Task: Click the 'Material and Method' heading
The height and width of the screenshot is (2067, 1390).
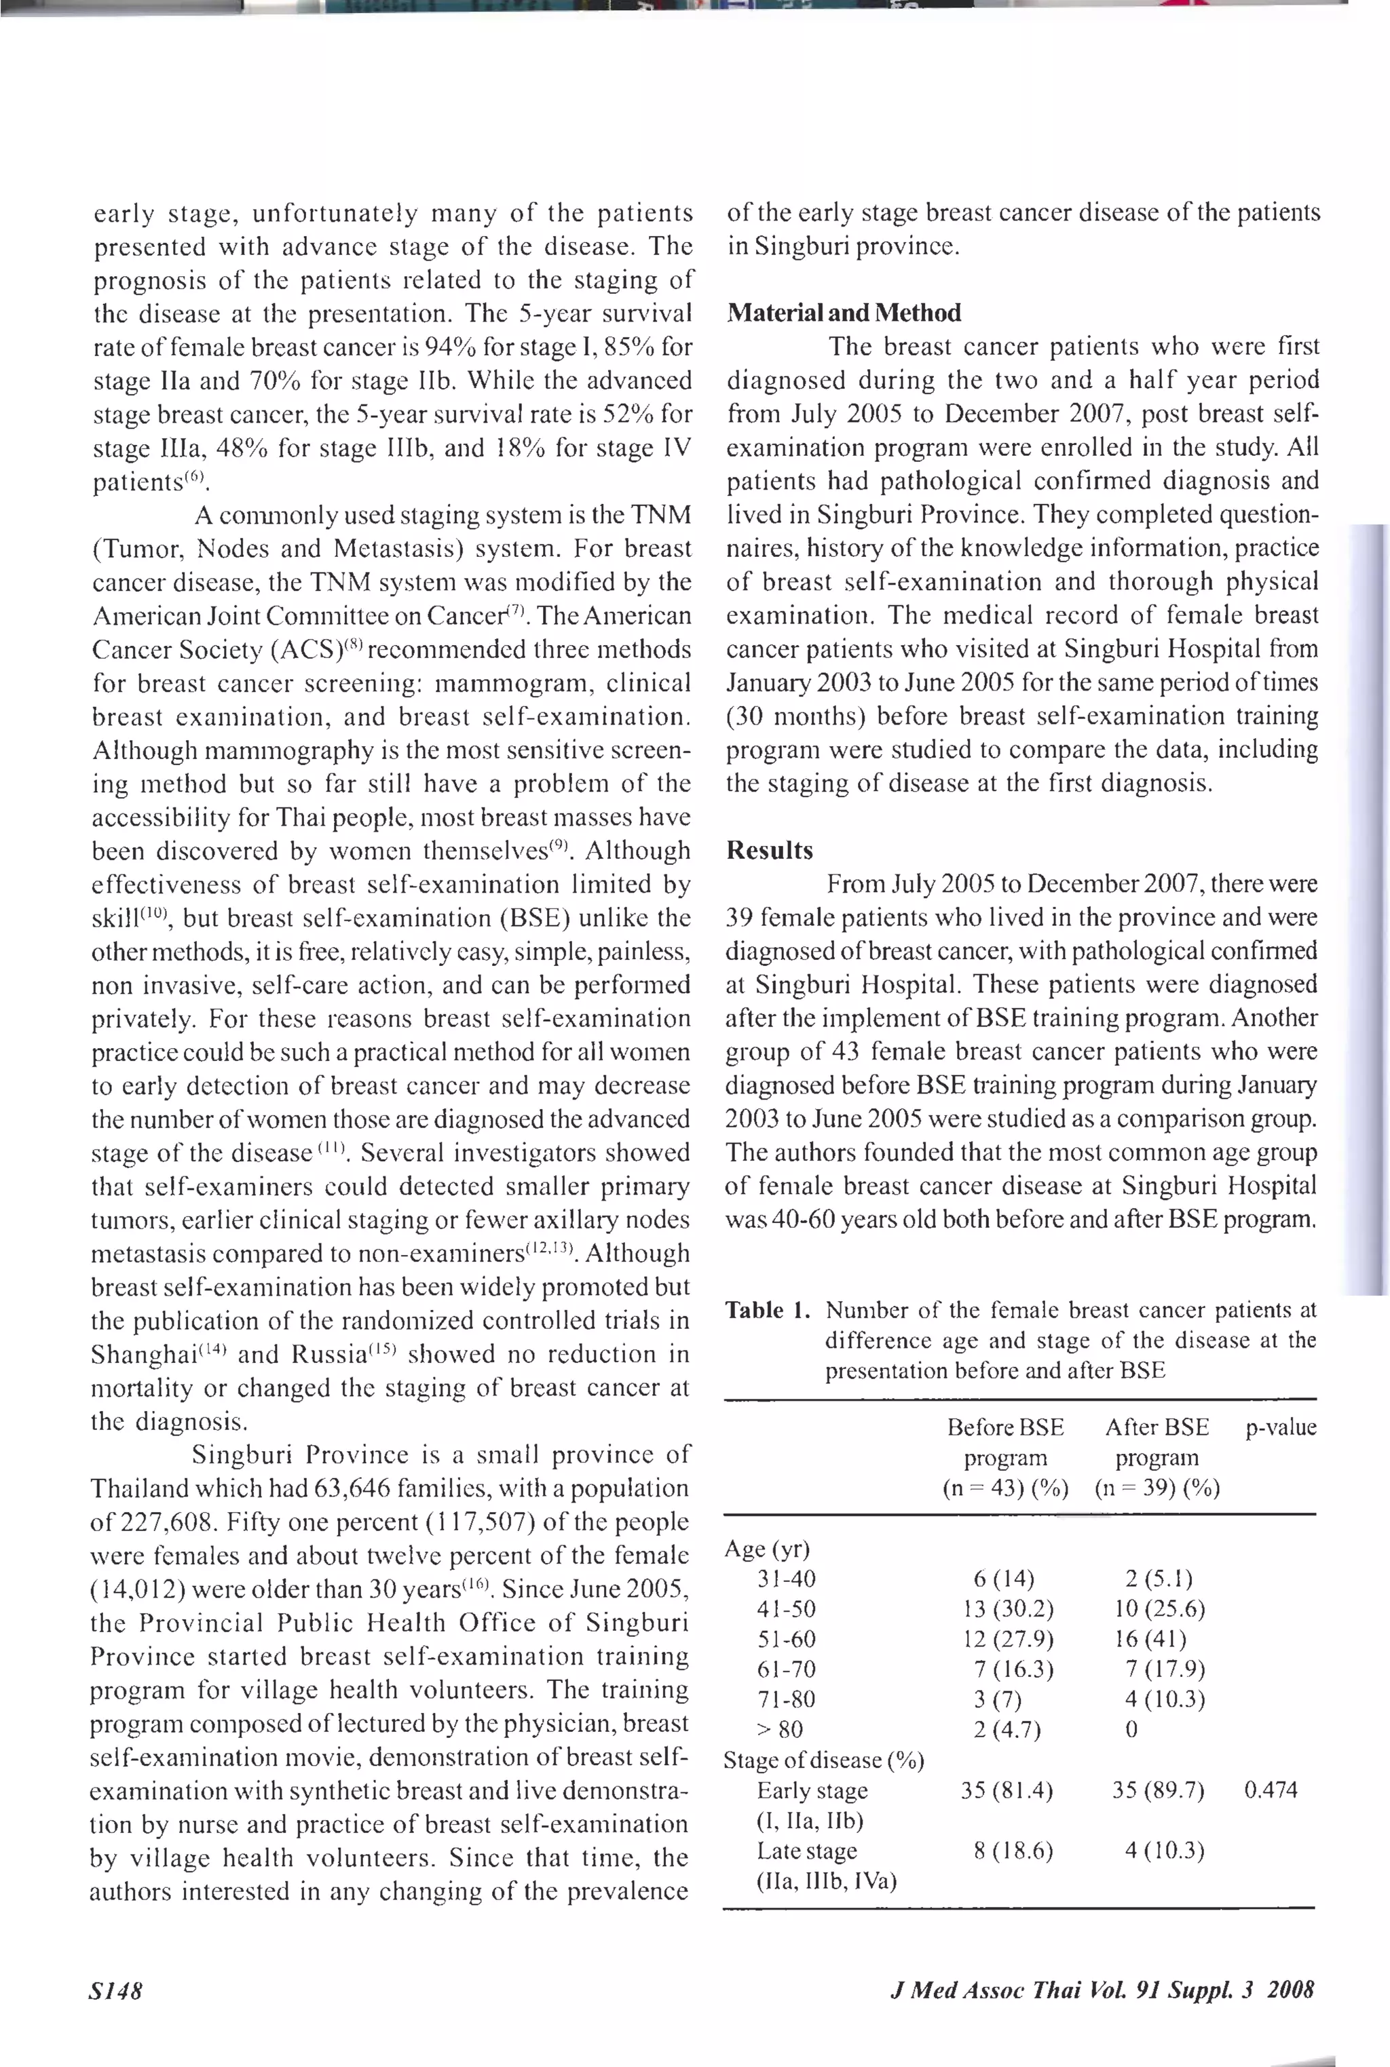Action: [x=843, y=313]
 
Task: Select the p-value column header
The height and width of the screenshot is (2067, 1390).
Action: [x=1281, y=1427]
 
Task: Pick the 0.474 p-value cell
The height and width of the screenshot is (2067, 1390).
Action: [x=1271, y=1791]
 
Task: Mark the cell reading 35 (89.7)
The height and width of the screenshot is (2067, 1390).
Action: [x=1158, y=1791]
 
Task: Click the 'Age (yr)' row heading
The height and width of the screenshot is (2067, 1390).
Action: [x=767, y=1549]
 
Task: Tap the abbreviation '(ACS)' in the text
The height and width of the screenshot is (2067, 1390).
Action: [x=306, y=651]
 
